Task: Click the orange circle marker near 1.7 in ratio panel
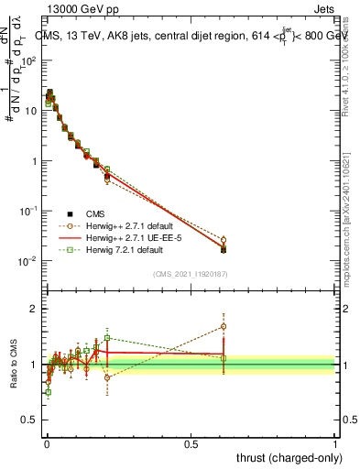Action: (224, 326)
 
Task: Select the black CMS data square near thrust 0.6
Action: (224, 249)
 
